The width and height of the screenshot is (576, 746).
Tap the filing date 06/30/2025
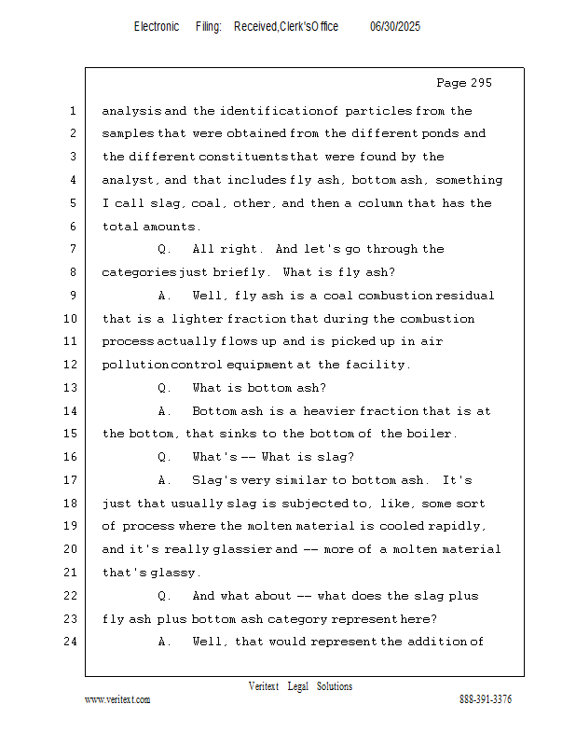point(395,27)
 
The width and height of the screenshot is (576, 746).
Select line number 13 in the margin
point(72,388)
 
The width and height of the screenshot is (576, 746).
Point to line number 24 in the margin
point(72,642)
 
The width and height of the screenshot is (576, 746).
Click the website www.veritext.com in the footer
point(117,699)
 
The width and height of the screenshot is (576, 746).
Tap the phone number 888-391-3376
point(486,699)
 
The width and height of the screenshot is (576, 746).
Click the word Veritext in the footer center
point(264,686)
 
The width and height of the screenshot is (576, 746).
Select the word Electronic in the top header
point(157,27)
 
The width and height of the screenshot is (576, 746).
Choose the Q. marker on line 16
point(164,457)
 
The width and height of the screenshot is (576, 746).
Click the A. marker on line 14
point(164,411)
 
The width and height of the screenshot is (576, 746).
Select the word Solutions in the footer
point(335,686)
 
